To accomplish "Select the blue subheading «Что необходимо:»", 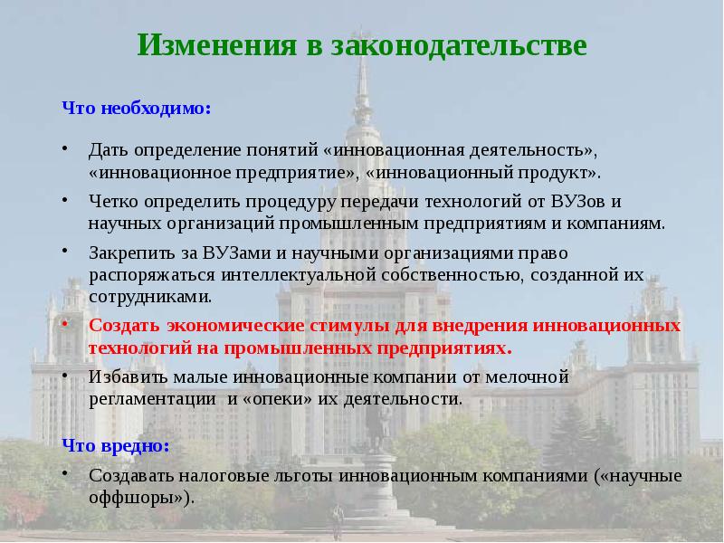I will [x=137, y=108].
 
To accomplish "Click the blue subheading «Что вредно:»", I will [x=116, y=446].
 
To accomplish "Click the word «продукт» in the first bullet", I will [x=560, y=169].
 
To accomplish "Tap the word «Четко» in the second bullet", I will [x=111, y=201].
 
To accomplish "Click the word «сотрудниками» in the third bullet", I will [x=150, y=295].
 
